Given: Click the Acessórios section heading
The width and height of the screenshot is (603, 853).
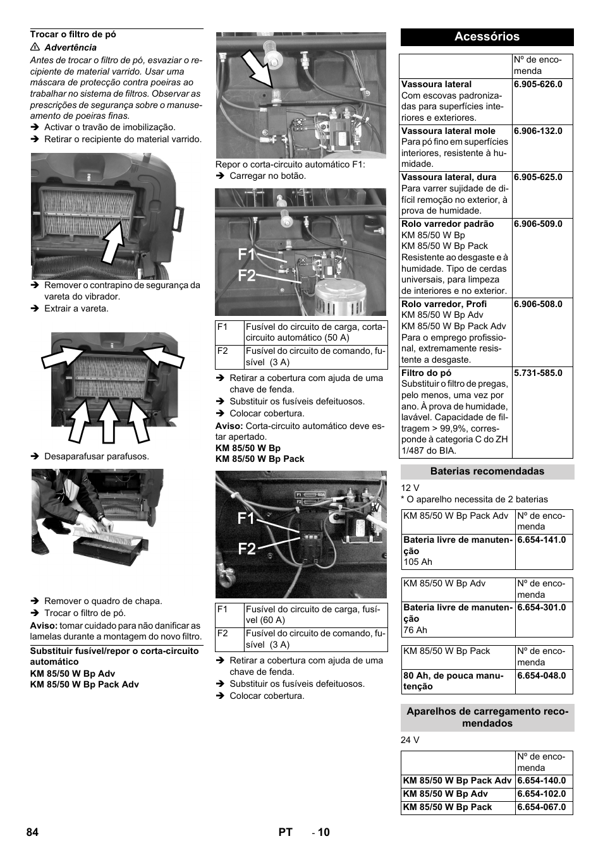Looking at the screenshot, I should tap(487, 37).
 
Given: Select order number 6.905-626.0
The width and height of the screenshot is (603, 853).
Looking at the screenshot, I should tap(538, 84).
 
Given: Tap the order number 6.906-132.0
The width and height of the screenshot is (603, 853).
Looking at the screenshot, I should tap(538, 131).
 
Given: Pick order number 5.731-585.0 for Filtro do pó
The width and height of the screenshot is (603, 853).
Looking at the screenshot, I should tap(538, 373).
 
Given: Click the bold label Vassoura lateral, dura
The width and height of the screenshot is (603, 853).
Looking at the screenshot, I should tap(449, 178).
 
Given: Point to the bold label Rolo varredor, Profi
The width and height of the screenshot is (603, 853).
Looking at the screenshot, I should tap(444, 304).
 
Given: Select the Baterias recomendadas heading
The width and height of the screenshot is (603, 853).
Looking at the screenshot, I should tap(487, 471).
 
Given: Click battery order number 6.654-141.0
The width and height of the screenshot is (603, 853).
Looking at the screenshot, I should tap(541, 540).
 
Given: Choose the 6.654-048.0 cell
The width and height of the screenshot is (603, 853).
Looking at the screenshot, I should tap(541, 675).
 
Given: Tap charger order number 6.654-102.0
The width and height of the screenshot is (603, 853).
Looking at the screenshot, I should tap(541, 794).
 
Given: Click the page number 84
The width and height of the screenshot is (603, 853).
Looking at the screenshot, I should tap(32, 832).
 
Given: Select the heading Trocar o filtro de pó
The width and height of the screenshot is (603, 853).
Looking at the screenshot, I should tap(73, 34).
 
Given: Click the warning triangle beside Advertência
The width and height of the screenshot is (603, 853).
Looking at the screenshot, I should tap(34, 47).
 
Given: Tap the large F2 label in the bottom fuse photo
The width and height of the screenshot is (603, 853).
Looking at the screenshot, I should tap(247, 548).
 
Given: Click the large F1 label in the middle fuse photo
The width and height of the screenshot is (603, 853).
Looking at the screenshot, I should tap(247, 255).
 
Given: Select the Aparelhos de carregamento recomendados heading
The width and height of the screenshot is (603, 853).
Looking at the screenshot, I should tap(487, 717).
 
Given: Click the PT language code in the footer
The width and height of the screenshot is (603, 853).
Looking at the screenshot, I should tap(285, 832).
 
